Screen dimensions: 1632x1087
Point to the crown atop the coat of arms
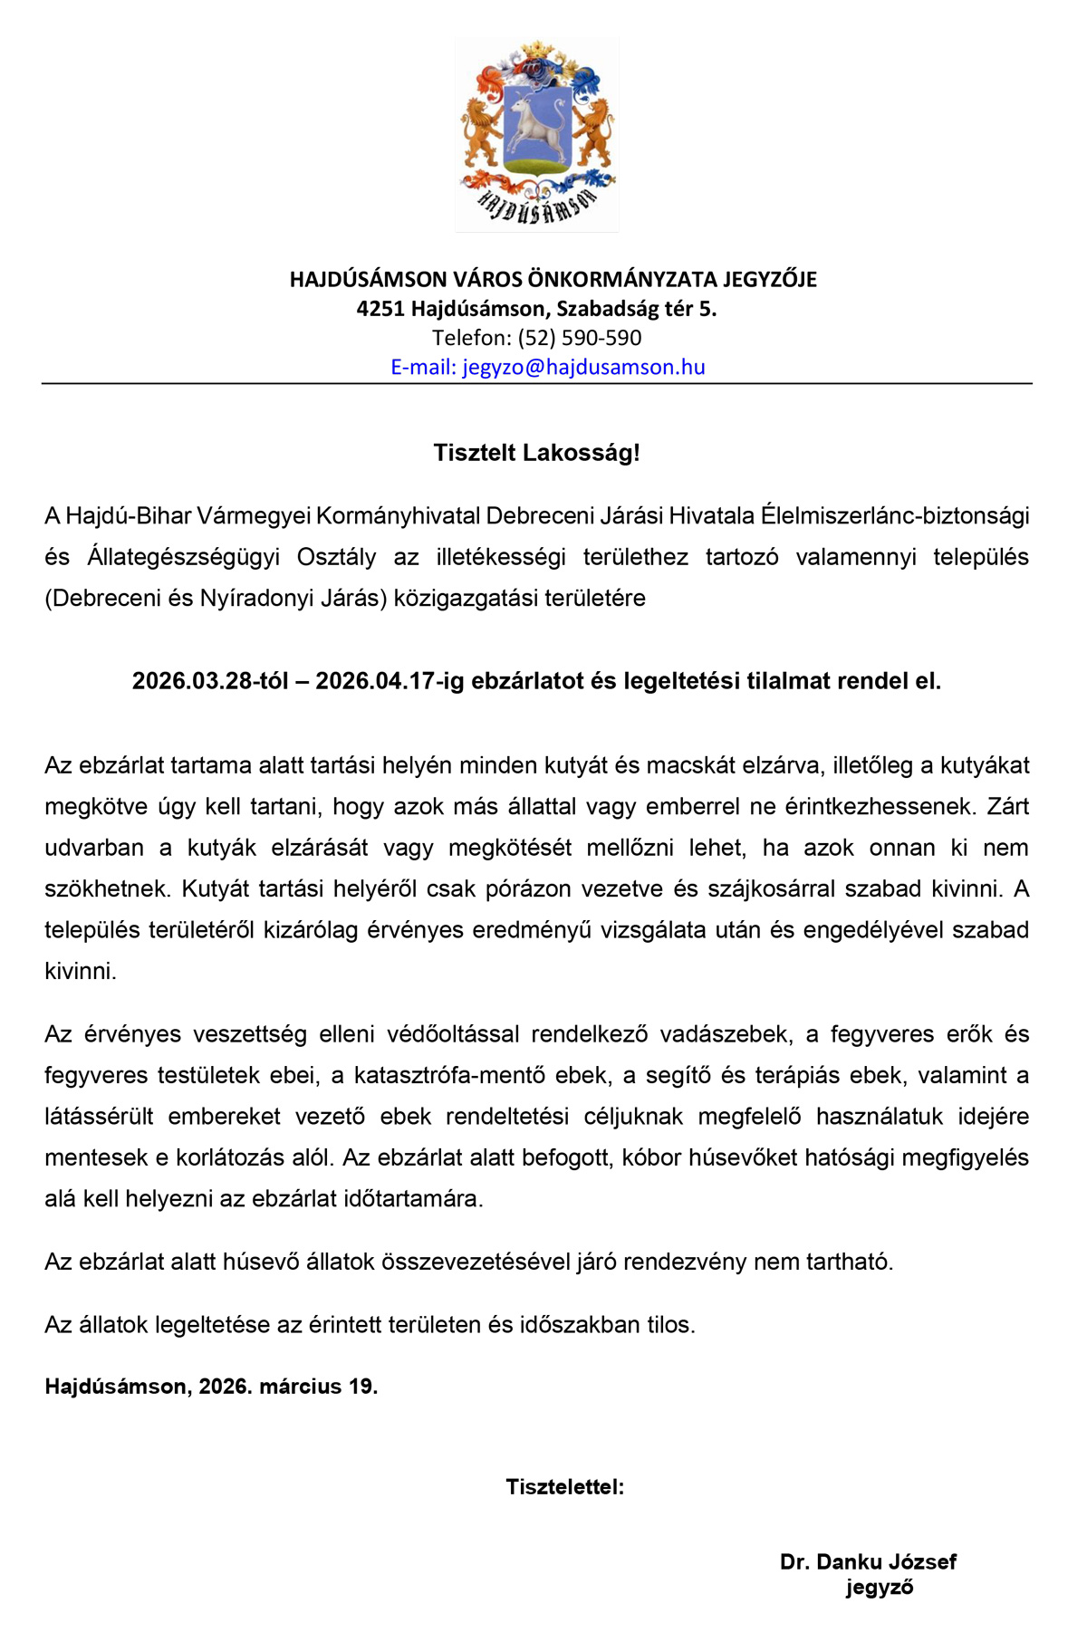[536, 50]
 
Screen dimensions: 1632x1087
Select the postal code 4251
[380, 309]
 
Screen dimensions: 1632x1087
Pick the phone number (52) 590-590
[580, 338]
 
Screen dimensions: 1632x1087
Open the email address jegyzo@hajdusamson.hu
[583, 367]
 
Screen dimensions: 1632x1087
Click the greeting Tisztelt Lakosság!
[536, 453]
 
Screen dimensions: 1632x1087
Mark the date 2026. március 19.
[288, 1386]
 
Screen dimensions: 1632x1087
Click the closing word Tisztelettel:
[564, 1486]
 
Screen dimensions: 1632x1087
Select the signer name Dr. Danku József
[868, 1561]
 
